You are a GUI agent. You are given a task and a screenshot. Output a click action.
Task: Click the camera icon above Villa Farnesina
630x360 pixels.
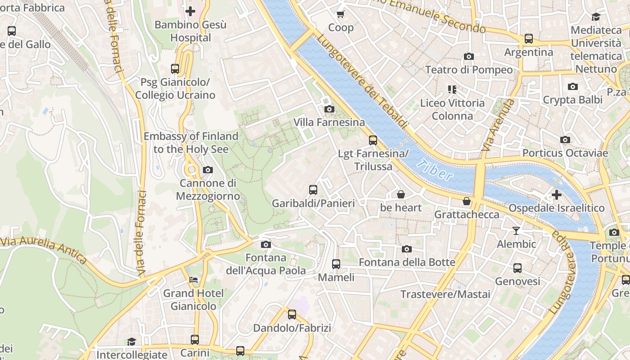tap(329, 109)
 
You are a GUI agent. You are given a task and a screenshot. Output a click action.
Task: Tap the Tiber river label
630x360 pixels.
tap(434, 170)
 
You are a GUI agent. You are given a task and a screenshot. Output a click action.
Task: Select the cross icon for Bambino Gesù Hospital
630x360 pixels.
tap(190, 11)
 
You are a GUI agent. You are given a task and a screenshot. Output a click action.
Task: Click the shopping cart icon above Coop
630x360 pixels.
tap(341, 14)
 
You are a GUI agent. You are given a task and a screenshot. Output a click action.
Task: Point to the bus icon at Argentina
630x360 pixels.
tap(529, 39)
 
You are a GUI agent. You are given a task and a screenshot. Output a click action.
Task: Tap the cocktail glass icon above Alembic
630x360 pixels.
tap(516, 231)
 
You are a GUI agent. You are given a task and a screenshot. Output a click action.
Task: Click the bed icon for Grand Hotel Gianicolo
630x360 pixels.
tap(193, 280)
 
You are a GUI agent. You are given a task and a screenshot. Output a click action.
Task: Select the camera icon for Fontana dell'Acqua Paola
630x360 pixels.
tap(266, 244)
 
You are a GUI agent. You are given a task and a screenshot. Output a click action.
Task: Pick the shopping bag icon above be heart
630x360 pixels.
tap(400, 194)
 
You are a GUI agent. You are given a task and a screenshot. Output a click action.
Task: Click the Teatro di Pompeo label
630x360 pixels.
tap(468, 70)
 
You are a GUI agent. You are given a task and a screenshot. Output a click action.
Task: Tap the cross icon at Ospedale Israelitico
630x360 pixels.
tap(557, 195)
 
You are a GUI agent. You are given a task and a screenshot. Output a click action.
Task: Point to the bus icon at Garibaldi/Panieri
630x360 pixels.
tap(313, 190)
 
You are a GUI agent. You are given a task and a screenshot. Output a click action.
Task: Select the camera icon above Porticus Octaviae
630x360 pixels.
tap(565, 140)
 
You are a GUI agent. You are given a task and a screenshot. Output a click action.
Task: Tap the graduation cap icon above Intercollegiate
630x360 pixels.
tap(131, 342)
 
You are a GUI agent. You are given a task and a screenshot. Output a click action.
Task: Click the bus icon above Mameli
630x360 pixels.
tap(336, 264)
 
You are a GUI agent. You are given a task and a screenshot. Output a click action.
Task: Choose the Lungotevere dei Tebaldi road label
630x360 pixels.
tap(362, 81)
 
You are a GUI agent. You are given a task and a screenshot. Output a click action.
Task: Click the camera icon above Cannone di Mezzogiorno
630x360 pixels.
tap(207, 170)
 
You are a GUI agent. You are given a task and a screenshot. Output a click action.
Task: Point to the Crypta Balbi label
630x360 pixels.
tap(572, 99)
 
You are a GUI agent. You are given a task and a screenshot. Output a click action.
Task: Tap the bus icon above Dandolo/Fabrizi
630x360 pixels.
tap(292, 315)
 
